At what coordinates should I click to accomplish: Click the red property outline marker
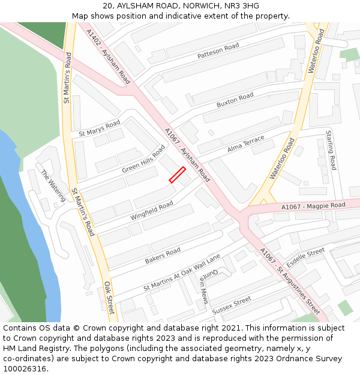pyautogui.click(x=177, y=175)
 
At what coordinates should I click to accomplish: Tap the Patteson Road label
pyautogui.click(x=218, y=51)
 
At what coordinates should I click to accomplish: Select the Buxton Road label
pyautogui.click(x=235, y=100)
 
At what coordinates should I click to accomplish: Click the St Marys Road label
pyautogui.click(x=100, y=128)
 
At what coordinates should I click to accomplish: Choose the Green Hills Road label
pyautogui.click(x=143, y=159)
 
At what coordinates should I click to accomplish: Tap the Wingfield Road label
pyautogui.click(x=152, y=211)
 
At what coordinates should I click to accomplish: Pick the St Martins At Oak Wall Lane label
pyautogui.click(x=182, y=273)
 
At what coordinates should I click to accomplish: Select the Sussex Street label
pyautogui.click(x=231, y=304)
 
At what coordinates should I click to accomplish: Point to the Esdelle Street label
pyautogui.click(x=305, y=258)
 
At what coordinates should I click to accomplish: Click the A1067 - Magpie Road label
pyautogui.click(x=313, y=206)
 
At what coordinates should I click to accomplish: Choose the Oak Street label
pyautogui.click(x=109, y=297)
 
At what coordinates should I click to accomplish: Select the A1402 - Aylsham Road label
pyautogui.click(x=108, y=56)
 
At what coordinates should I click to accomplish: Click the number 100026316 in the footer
pyautogui.click(x=24, y=368)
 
